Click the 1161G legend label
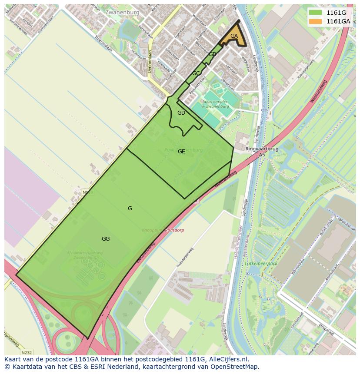(x=336, y=13)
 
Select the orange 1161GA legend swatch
(x=316, y=21)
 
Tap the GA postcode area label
(x=234, y=36)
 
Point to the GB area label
(x=212, y=54)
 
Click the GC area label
(x=196, y=73)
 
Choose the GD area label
(x=181, y=113)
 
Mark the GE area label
(x=181, y=152)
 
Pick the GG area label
(x=106, y=239)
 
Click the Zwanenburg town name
(x=122, y=13)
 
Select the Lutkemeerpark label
(x=261, y=264)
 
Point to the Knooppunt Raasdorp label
(x=163, y=230)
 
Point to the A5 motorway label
(x=262, y=155)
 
